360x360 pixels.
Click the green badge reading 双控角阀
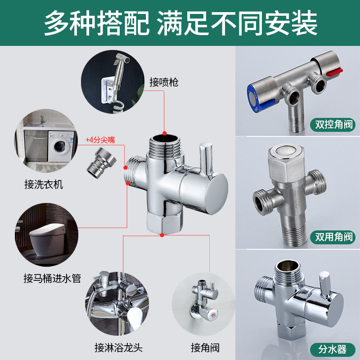(333, 125)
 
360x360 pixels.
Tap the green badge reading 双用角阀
(333, 237)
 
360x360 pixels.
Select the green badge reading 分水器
(333, 350)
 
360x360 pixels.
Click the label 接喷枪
(164, 82)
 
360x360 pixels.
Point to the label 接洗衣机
(44, 184)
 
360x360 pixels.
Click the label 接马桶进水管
(52, 278)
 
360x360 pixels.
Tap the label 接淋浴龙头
(118, 347)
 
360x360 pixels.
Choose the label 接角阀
(205, 347)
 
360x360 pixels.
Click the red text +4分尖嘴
(100, 140)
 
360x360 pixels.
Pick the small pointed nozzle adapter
(101, 162)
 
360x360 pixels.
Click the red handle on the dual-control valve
(335, 72)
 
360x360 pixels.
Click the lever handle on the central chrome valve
(205, 159)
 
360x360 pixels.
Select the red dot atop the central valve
(164, 133)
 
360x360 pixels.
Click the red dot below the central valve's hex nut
(162, 235)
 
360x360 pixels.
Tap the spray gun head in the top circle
(122, 59)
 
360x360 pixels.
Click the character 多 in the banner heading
(57, 23)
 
